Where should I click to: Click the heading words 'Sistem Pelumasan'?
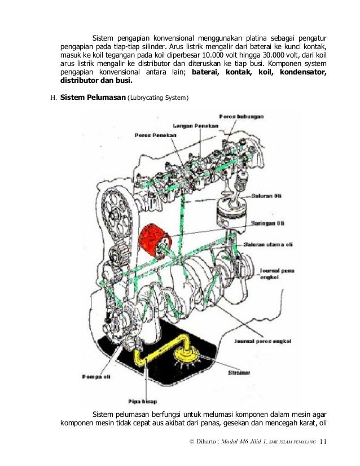(x=93, y=98)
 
